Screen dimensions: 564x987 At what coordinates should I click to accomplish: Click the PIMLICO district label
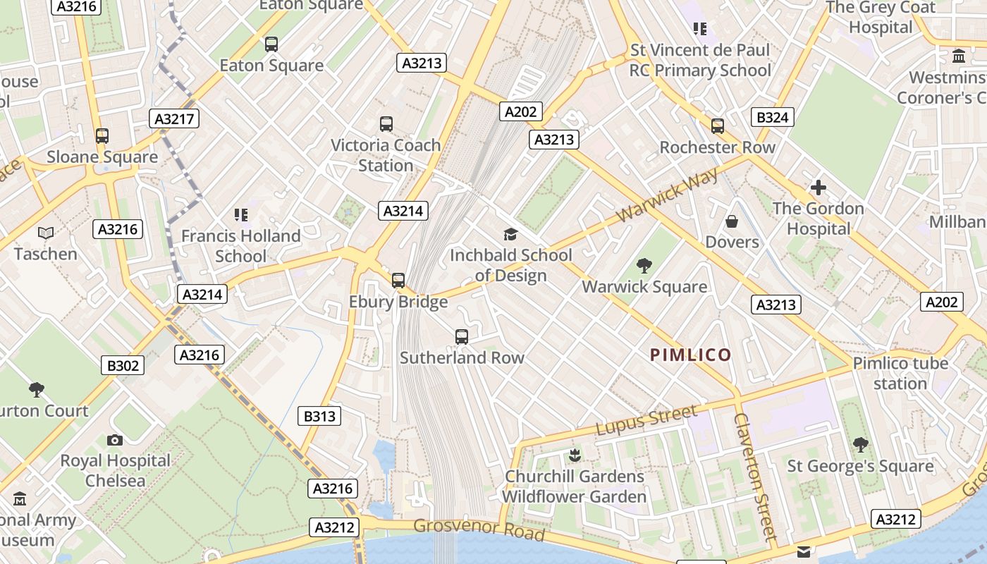(690, 355)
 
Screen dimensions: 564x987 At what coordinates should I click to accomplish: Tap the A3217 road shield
(174, 118)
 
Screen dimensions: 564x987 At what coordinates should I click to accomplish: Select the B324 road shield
(772, 117)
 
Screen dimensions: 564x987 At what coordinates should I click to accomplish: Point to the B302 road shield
(123, 365)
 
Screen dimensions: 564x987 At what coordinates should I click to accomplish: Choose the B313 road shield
(319, 416)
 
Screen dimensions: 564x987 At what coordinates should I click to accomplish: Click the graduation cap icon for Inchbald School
(510, 234)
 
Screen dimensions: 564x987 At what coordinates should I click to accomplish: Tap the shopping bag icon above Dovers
(732, 221)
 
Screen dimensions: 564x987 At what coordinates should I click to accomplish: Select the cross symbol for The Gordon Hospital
(818, 188)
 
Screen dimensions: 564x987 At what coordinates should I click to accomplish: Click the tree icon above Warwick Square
(644, 266)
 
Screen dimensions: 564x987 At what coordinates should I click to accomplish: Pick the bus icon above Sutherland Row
(462, 337)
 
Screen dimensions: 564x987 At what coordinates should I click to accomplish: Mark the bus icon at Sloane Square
(102, 135)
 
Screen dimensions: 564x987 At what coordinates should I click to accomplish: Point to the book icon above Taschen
(46, 233)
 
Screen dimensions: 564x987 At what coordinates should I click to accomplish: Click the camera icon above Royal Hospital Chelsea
(115, 440)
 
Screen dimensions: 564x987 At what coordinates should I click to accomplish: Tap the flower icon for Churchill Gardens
(575, 455)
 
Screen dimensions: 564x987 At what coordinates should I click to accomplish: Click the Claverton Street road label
(755, 476)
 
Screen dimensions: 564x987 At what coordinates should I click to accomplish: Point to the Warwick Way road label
(668, 195)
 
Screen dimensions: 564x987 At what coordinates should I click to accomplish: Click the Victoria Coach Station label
(386, 155)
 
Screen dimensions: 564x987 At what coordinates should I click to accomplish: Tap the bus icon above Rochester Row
(718, 126)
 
